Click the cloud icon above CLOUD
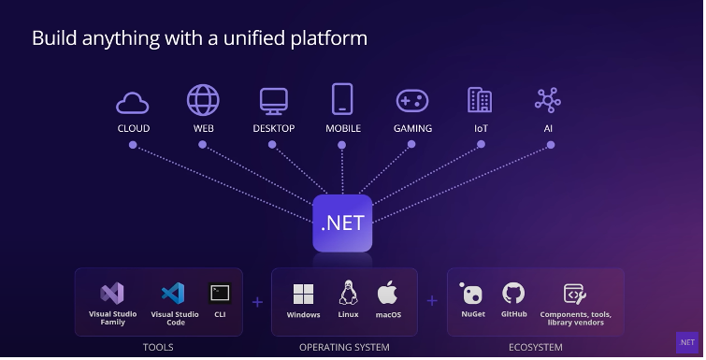point(133,101)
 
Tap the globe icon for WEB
point(203,100)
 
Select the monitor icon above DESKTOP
point(273,100)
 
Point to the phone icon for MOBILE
point(341,99)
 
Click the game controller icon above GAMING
point(412,100)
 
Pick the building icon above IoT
point(480,100)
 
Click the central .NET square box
point(342,223)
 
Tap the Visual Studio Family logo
point(112,293)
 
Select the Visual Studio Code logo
point(174,293)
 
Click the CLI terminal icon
point(220,293)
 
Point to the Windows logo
point(303,295)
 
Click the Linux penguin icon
point(349,293)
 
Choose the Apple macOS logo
point(388,293)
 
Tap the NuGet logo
point(472,294)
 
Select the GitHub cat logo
point(513,293)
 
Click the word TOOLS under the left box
point(158,348)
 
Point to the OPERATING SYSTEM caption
point(344,348)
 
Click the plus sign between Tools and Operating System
point(257,301)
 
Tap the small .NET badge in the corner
point(687,342)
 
